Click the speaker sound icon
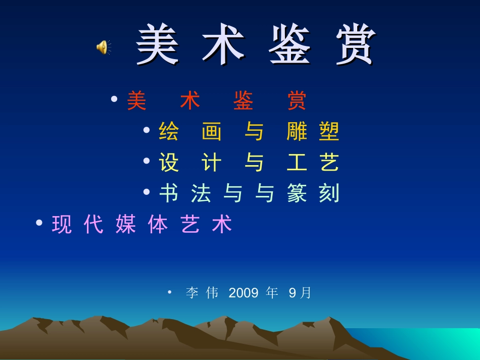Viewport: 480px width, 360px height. click(x=103, y=47)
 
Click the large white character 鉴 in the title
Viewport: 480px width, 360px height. click(x=290, y=45)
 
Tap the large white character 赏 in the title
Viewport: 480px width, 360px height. click(x=356, y=45)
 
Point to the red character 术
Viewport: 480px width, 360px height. click(x=190, y=101)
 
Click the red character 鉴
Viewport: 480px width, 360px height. click(x=243, y=101)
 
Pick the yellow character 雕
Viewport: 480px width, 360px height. click(x=297, y=132)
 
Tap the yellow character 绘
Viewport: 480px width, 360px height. click(x=169, y=132)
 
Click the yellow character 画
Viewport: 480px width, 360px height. click(x=212, y=132)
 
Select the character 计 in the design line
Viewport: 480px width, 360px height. click(x=212, y=163)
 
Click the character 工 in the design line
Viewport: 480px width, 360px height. click(x=297, y=163)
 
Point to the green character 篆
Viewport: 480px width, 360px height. click(x=297, y=193)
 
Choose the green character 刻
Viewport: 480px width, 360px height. click(x=329, y=193)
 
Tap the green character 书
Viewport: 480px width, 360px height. click(x=169, y=193)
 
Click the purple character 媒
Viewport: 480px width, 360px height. click(x=126, y=224)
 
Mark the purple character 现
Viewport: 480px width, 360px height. click(x=62, y=224)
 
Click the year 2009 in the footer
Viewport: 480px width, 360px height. click(x=244, y=293)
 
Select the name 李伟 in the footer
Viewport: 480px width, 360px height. click(x=202, y=293)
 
